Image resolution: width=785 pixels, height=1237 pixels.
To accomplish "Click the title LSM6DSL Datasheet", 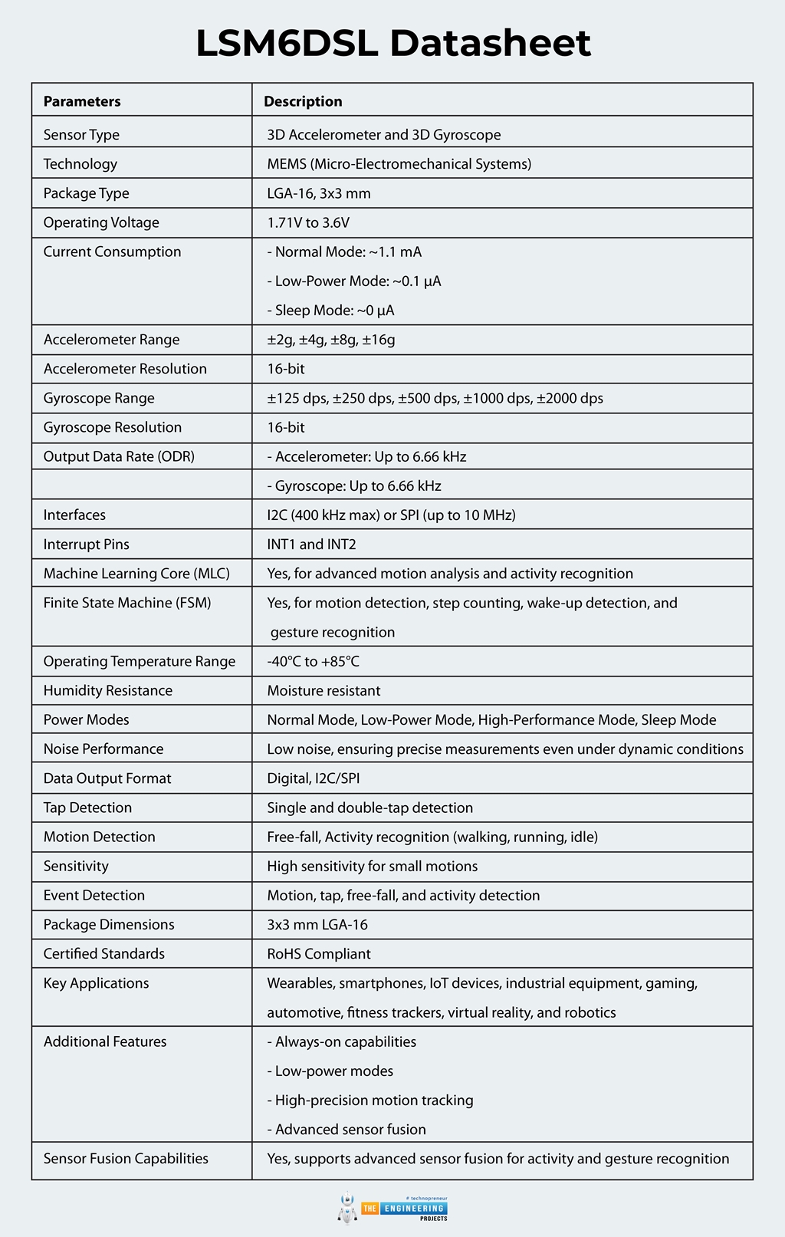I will tap(392, 43).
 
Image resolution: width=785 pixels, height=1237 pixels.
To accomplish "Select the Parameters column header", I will tap(82, 101).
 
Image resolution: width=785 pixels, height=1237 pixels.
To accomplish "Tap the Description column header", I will tap(303, 101).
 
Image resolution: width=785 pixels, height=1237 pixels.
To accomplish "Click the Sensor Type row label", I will tap(81, 135).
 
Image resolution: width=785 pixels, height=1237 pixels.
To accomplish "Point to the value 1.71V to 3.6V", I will tap(308, 222).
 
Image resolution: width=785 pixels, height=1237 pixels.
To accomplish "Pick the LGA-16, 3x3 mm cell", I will tap(319, 193).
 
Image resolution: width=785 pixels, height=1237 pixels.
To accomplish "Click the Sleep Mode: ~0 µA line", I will tap(330, 311).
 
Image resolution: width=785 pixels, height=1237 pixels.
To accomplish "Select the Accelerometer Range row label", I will tap(111, 340).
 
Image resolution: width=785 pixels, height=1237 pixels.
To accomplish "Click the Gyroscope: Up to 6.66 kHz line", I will tap(353, 485).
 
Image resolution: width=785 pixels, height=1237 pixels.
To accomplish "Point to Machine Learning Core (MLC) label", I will tap(136, 574).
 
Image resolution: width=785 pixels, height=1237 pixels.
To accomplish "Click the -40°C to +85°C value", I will tap(313, 661).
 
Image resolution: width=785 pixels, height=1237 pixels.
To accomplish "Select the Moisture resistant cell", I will tap(324, 690).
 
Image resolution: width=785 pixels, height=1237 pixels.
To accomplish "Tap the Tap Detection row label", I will tap(87, 808).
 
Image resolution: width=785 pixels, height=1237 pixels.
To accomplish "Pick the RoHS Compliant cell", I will tap(319, 954).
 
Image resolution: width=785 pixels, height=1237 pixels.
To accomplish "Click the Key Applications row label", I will tap(96, 983).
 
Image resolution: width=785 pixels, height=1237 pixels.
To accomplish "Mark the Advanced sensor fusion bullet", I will tap(347, 1130).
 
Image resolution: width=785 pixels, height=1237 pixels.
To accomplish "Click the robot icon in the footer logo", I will tap(347, 1208).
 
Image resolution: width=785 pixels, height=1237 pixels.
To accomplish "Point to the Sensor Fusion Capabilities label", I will tap(126, 1159).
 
